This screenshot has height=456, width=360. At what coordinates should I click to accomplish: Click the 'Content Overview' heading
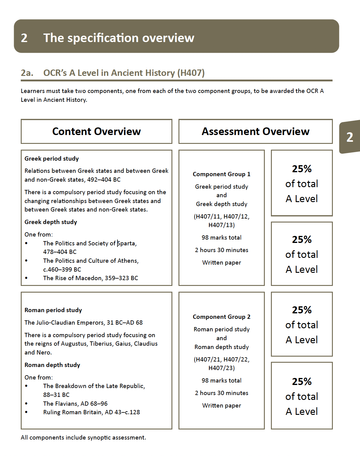point(96,131)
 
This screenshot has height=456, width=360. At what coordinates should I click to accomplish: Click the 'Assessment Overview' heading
point(255,131)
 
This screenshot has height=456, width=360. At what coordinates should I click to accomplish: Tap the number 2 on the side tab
point(350,137)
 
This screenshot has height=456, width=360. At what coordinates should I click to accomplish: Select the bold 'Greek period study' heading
point(52,159)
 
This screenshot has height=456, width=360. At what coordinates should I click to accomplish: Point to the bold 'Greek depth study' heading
point(51,222)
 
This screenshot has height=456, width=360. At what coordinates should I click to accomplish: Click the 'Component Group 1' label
point(221,174)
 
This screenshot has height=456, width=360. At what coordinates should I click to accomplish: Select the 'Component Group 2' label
point(221,317)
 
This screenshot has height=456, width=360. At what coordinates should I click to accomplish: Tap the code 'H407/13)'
point(221,225)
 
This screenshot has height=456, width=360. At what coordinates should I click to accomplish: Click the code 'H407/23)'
point(221,368)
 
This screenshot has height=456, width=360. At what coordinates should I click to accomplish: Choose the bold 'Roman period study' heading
point(53,310)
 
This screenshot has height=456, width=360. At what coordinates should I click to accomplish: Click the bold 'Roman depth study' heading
point(52,365)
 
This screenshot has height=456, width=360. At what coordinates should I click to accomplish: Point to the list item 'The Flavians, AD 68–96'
point(75,404)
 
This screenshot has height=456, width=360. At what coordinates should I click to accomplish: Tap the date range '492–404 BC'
point(104,180)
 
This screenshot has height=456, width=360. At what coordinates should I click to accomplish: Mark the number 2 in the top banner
point(24,38)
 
